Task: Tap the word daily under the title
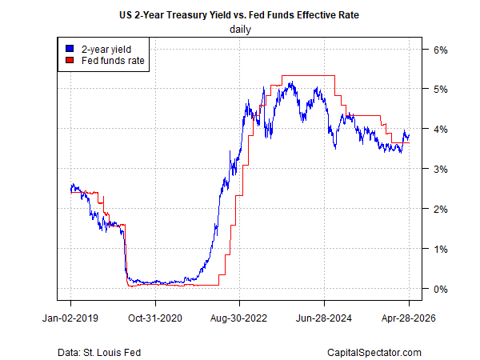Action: tap(239, 30)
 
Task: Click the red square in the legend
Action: tap(71, 59)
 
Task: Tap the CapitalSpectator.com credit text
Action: tap(374, 352)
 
